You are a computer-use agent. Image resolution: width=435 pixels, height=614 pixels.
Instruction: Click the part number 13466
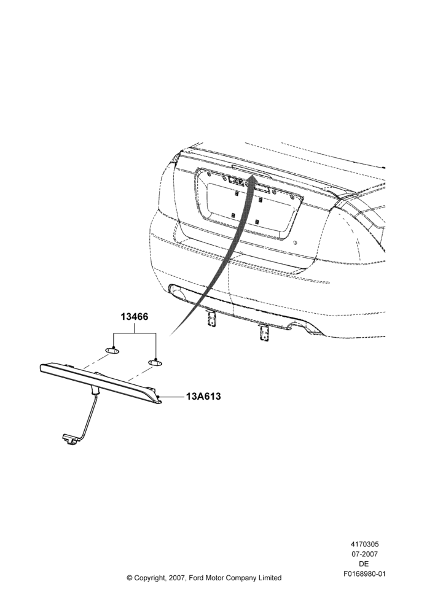[135, 317]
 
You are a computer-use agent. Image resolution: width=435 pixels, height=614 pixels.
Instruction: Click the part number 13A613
[203, 396]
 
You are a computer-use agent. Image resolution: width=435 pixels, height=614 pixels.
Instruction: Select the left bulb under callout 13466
[112, 349]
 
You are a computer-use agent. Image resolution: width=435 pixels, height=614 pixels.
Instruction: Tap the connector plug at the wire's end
[68, 439]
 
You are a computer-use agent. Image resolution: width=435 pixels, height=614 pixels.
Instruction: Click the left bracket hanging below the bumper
[211, 317]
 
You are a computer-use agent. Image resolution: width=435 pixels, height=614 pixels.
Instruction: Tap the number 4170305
[364, 544]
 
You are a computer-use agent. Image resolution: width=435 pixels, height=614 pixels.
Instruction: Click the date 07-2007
[364, 554]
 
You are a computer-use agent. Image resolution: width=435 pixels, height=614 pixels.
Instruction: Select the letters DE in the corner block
[364, 564]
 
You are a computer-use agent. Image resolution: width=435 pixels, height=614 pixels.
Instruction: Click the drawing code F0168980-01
[364, 574]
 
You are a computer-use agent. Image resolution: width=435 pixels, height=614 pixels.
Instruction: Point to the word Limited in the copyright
[269, 578]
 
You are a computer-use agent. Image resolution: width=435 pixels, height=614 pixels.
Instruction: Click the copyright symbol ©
[129, 578]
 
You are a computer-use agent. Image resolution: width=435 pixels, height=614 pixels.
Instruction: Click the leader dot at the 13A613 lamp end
[159, 397]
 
